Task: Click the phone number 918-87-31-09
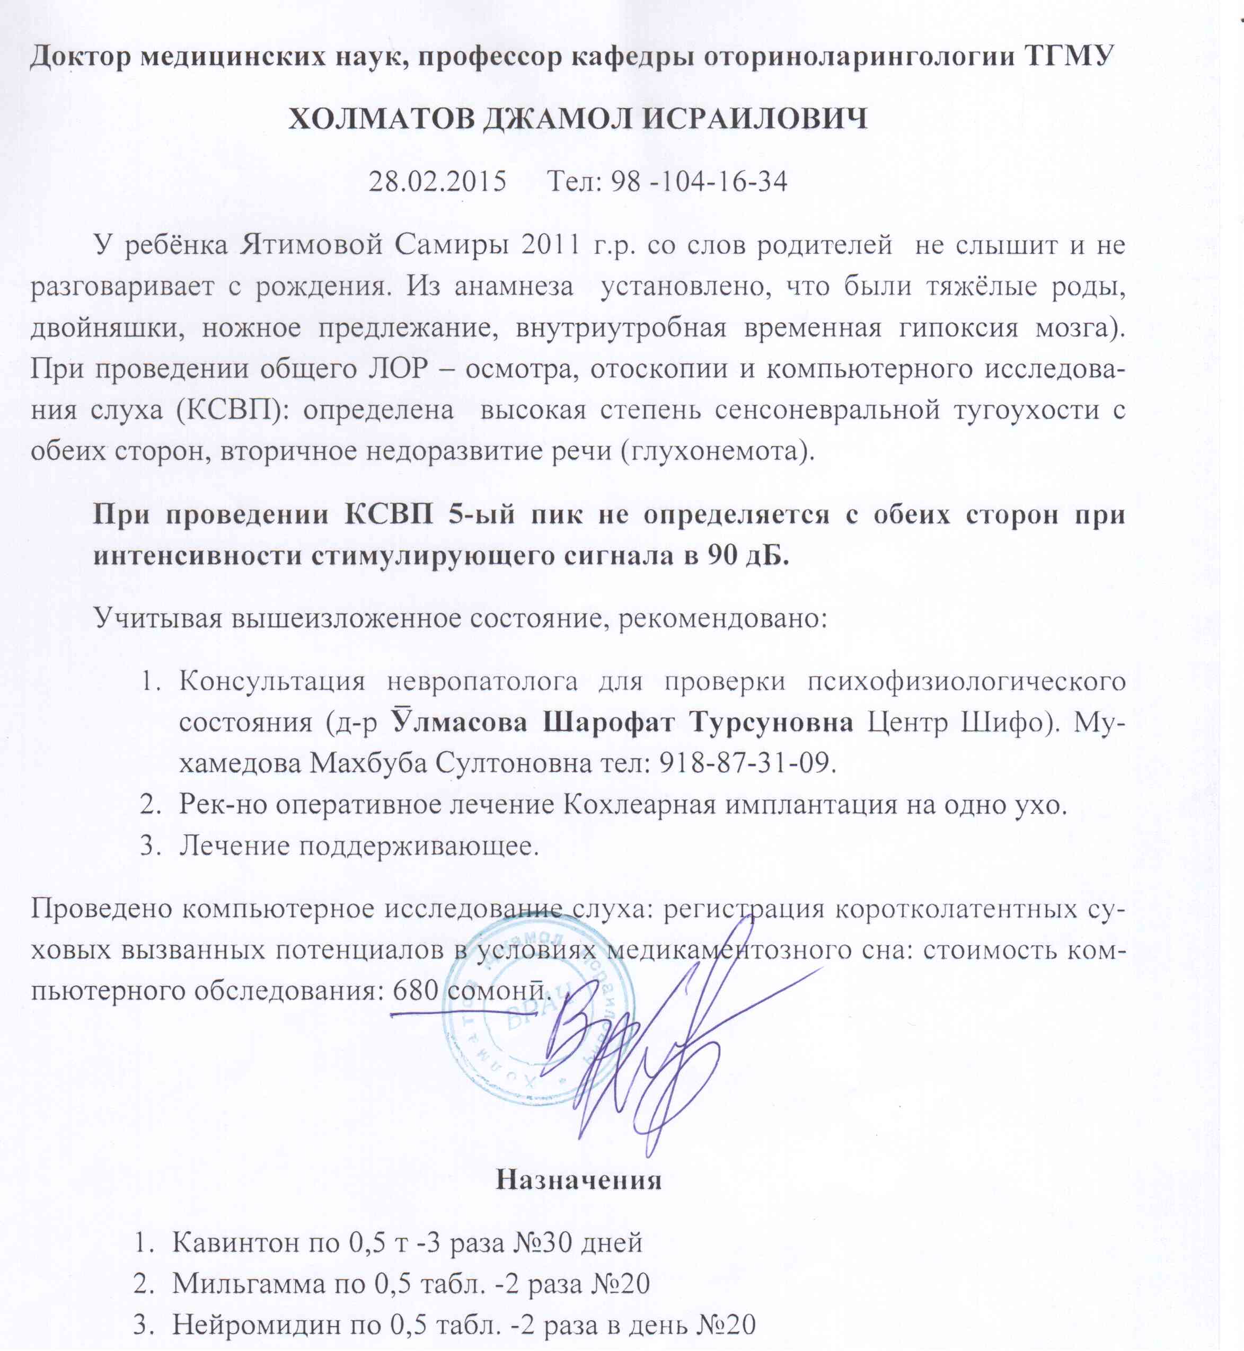coord(744,763)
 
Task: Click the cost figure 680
coord(416,990)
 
